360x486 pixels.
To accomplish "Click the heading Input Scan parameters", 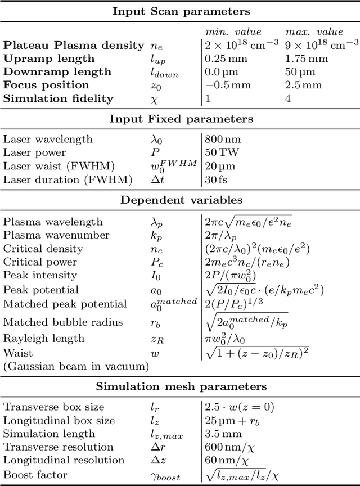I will coord(180,11).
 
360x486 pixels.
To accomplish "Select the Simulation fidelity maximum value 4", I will coord(288,98).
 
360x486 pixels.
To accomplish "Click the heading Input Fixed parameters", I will coord(180,119).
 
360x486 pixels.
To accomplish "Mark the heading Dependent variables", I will coord(180,200).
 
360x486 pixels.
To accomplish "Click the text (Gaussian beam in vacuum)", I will coord(76,366).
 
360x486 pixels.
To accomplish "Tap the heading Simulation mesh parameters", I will coord(180,386).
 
